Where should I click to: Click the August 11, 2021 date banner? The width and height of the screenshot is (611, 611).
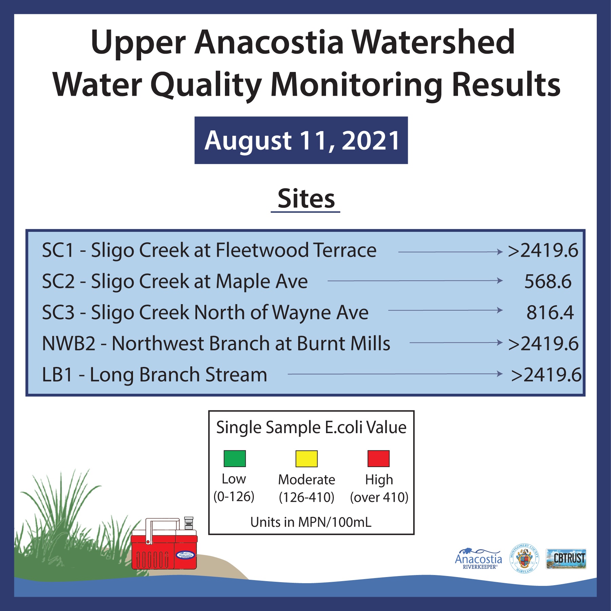(301, 140)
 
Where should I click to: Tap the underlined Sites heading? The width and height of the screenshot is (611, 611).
(306, 199)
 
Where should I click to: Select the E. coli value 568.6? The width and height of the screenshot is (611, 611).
(548, 281)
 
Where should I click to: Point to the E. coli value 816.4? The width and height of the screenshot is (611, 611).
(550, 312)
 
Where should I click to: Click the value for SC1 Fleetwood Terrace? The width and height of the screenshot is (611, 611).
(543, 251)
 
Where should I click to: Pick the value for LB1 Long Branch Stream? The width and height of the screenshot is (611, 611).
(546, 375)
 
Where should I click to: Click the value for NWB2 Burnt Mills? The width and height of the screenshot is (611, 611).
(543, 344)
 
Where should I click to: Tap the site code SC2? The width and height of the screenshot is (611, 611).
(58, 281)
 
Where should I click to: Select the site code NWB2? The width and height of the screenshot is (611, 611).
(69, 344)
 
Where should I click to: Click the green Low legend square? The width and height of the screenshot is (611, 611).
(234, 459)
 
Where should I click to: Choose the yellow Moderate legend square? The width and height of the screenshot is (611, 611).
(306, 459)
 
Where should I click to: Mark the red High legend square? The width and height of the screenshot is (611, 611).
(379, 459)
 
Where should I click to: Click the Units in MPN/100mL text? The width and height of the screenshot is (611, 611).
(311, 522)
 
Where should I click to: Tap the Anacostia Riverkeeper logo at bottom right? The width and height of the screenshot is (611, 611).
(478, 558)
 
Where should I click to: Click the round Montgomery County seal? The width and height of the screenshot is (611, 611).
(524, 558)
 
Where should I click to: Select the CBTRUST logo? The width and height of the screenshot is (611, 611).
(566, 558)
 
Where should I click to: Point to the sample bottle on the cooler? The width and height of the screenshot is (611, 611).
(189, 523)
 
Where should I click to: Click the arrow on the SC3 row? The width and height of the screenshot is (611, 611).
(445, 310)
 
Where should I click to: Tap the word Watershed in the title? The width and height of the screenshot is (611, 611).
(433, 42)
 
